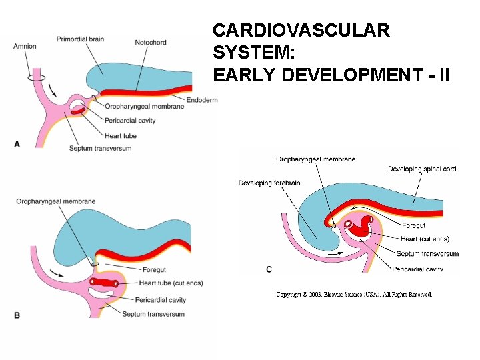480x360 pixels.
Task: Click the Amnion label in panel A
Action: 25,46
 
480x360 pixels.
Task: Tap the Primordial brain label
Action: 80,39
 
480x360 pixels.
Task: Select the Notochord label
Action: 150,43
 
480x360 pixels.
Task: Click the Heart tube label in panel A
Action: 121,136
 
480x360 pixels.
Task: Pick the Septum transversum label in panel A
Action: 100,148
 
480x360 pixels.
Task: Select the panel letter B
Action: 17,315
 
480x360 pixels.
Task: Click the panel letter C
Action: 269,269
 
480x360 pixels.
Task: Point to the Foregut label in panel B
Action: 154,270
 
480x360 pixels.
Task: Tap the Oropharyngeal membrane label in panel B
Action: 56,201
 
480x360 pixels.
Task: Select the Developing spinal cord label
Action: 422,169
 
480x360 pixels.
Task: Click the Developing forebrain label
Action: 269,183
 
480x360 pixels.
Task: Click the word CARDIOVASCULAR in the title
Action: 301,30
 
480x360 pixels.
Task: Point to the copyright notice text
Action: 354,294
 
